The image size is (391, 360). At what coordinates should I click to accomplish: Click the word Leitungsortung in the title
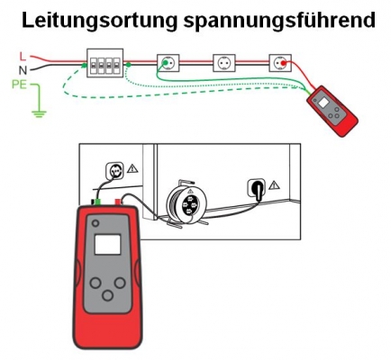pos(99,21)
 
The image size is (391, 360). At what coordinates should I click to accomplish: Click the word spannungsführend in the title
pos(279,21)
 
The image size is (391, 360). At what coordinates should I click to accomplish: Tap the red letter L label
pos(23,56)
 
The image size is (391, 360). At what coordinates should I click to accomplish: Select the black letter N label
pos(23,70)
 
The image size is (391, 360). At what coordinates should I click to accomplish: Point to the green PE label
pos(19,85)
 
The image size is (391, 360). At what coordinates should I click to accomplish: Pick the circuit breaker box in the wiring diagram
pos(105,63)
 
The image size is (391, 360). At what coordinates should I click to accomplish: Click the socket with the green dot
pos(168,63)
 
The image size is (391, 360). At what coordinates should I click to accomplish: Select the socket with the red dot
pos(280,63)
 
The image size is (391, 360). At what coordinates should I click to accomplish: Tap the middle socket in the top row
pos(224,63)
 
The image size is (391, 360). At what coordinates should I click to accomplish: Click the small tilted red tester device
pos(332,111)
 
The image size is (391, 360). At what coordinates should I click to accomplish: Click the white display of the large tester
pos(107,245)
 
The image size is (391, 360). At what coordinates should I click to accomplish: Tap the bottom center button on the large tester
pos(107,295)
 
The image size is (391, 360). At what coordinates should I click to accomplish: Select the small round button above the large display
pos(95,223)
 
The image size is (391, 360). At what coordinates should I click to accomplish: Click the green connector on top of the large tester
pos(97,202)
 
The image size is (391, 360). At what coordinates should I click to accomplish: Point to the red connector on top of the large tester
pos(119,202)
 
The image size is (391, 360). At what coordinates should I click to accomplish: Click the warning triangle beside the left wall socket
pos(132,168)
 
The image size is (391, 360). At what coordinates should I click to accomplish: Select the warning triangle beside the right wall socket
pos(274,185)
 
